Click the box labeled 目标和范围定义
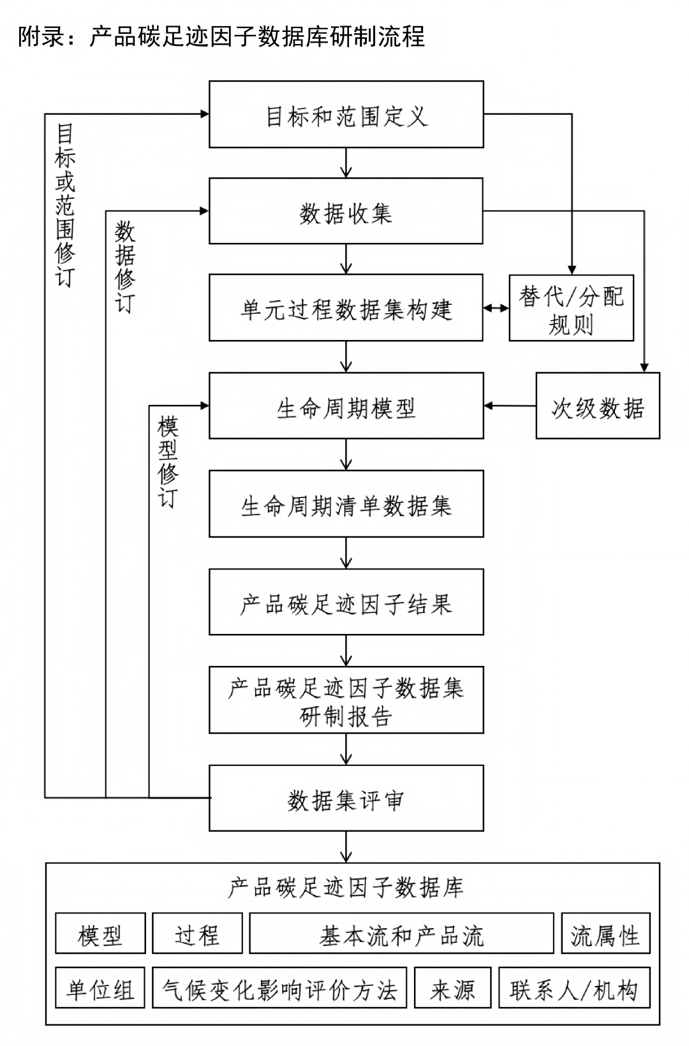tap(346, 115)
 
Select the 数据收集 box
tap(346, 211)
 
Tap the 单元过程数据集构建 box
tap(346, 308)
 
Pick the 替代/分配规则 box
tap(571, 308)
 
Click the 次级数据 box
tap(597, 406)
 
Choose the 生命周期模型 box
tap(346, 406)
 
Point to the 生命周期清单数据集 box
tap(346, 504)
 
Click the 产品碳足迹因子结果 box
tap(346, 602)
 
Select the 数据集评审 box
tap(346, 799)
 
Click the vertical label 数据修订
tap(125, 267)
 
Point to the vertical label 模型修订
tap(168, 462)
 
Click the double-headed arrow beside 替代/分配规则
tap(496, 308)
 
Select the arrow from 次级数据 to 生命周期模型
tap(510, 406)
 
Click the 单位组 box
tap(100, 988)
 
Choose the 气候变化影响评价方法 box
tap(279, 988)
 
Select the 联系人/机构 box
tap(574, 988)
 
